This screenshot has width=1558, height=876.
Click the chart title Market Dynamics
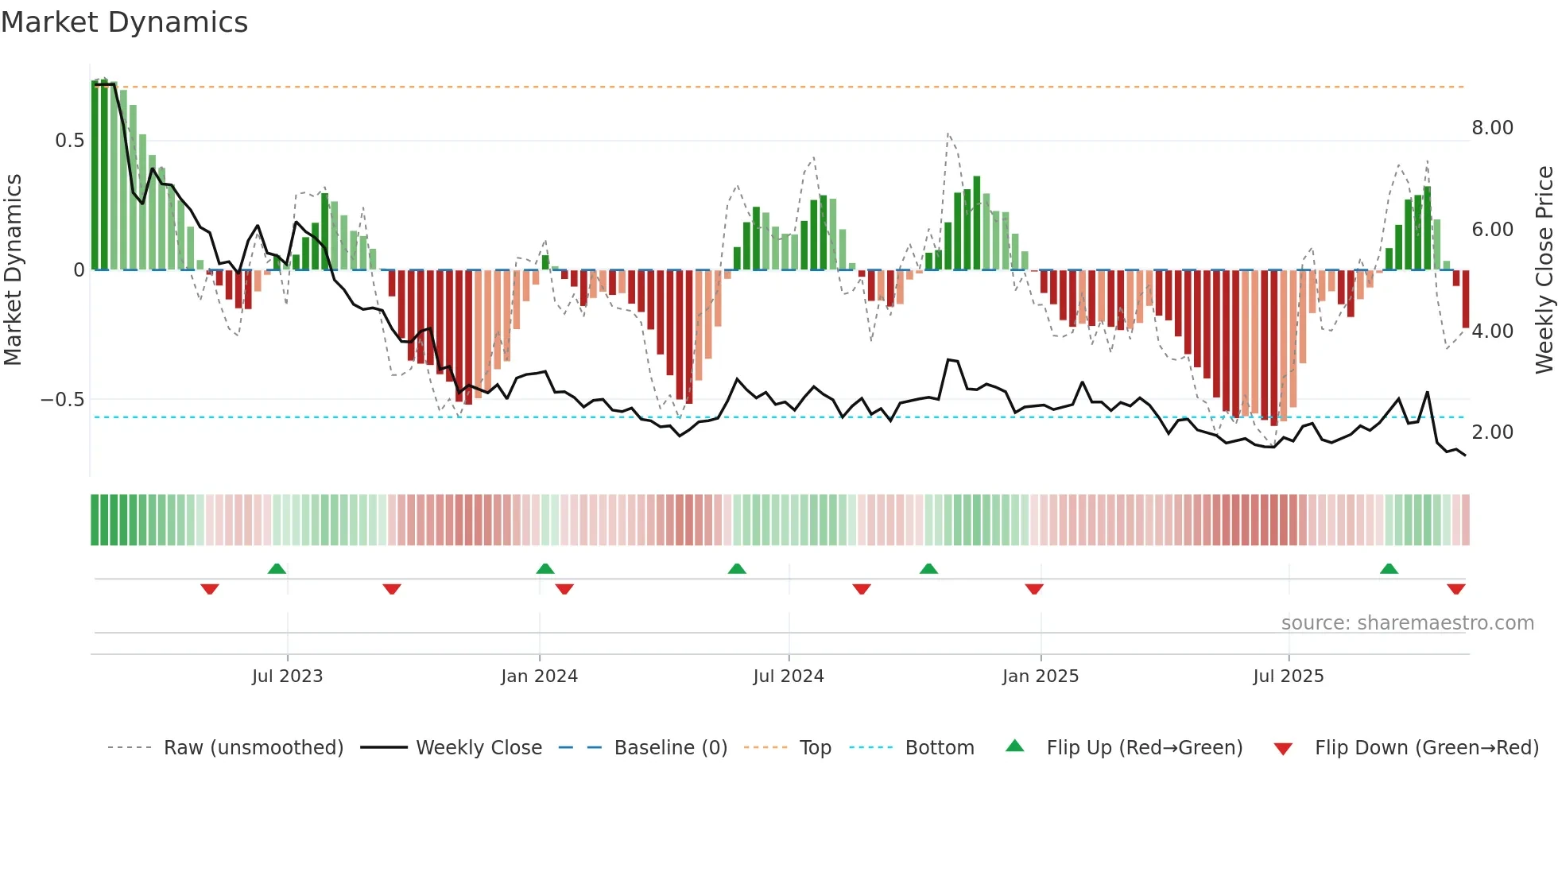(124, 22)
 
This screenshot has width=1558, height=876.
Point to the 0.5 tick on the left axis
(69, 141)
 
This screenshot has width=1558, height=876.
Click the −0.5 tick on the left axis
(62, 400)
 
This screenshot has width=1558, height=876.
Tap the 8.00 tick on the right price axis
(1492, 128)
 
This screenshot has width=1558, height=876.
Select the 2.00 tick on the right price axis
(1492, 432)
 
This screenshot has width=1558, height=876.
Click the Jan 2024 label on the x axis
(539, 676)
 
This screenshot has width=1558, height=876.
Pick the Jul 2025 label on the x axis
(1288, 676)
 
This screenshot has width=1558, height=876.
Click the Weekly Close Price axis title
(1544, 270)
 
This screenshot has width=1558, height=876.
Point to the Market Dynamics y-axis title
(14, 270)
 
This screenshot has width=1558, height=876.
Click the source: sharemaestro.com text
(1407, 623)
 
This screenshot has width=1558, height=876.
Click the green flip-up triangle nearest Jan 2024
(545, 569)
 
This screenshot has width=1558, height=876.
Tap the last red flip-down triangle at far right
(1455, 589)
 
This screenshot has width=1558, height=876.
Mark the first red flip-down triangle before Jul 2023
(210, 589)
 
